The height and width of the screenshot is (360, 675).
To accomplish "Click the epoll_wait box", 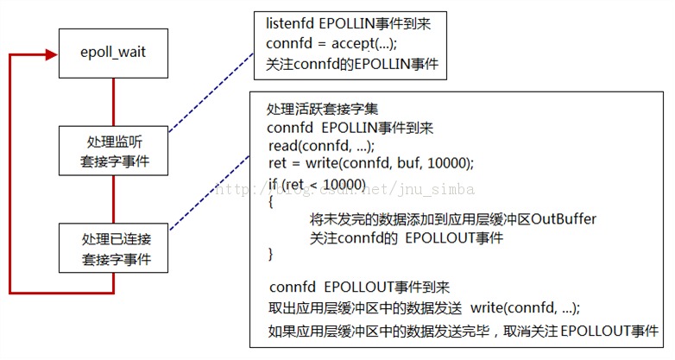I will pyautogui.click(x=113, y=52).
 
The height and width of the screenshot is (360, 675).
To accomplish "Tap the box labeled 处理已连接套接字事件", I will pyautogui.click(x=113, y=247).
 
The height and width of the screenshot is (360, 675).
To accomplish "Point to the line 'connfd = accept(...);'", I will pyautogui.click(x=333, y=43).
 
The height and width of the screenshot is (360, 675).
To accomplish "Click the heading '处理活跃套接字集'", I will pyautogui.click(x=317, y=109).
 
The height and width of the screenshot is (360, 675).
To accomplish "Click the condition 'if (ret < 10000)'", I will pyautogui.click(x=317, y=184).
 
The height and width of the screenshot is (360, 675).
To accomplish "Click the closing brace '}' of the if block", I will pyautogui.click(x=271, y=255).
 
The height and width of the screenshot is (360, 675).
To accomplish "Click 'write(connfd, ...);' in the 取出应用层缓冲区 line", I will pyautogui.click(x=526, y=308).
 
